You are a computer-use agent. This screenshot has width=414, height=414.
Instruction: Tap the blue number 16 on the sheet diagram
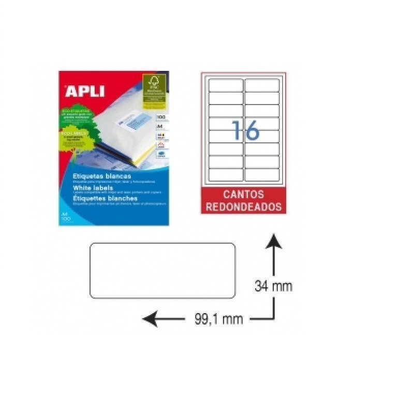(244, 130)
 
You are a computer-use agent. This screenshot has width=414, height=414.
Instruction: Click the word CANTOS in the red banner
(243, 195)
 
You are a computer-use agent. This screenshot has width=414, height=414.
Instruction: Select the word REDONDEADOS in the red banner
(243, 206)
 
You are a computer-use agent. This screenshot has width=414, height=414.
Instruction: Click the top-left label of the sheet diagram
(226, 85)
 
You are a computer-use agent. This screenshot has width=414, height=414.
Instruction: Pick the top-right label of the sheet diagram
(262, 85)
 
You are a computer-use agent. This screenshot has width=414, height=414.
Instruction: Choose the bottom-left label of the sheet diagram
(226, 174)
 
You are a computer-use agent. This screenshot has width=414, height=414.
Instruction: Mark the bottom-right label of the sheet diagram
(262, 174)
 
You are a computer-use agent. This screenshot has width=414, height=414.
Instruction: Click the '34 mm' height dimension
(273, 286)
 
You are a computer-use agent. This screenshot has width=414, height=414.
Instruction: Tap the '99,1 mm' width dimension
(219, 319)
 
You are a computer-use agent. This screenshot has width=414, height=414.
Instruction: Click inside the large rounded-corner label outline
(162, 270)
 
